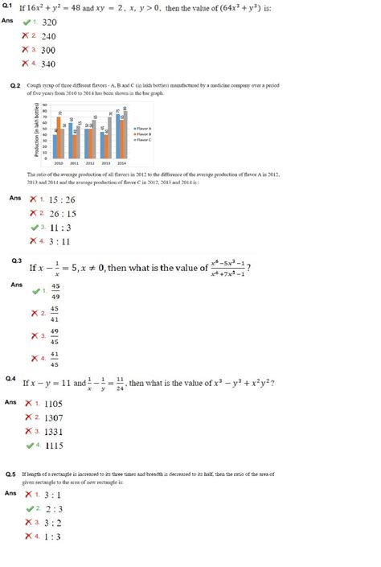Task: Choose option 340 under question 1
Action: [48, 64]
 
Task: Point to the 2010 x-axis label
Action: [59, 162]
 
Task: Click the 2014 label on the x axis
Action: [120, 162]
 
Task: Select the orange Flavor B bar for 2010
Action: [59, 137]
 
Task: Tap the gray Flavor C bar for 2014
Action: [125, 134]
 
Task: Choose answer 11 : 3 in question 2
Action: [55, 227]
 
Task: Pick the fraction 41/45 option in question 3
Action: [55, 358]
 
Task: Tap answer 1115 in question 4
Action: [55, 445]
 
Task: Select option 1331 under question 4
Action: [54, 431]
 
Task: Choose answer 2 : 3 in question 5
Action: [54, 509]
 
